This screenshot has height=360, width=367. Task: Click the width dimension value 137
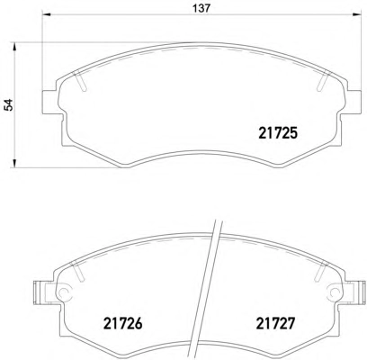coord(201,8)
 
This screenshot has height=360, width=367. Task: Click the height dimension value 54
coord(10,104)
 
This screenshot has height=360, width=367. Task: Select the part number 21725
coord(278,133)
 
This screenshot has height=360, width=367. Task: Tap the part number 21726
coord(122,323)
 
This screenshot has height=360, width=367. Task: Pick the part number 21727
coord(275,323)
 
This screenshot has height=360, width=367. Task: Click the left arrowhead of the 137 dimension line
coord(46,14)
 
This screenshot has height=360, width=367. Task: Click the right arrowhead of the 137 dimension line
coord(357,14)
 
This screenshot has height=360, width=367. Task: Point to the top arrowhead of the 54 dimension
coord(13,46)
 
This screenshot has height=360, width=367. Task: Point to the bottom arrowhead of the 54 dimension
coord(13,164)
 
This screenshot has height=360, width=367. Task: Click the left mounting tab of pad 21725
coord(49,102)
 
